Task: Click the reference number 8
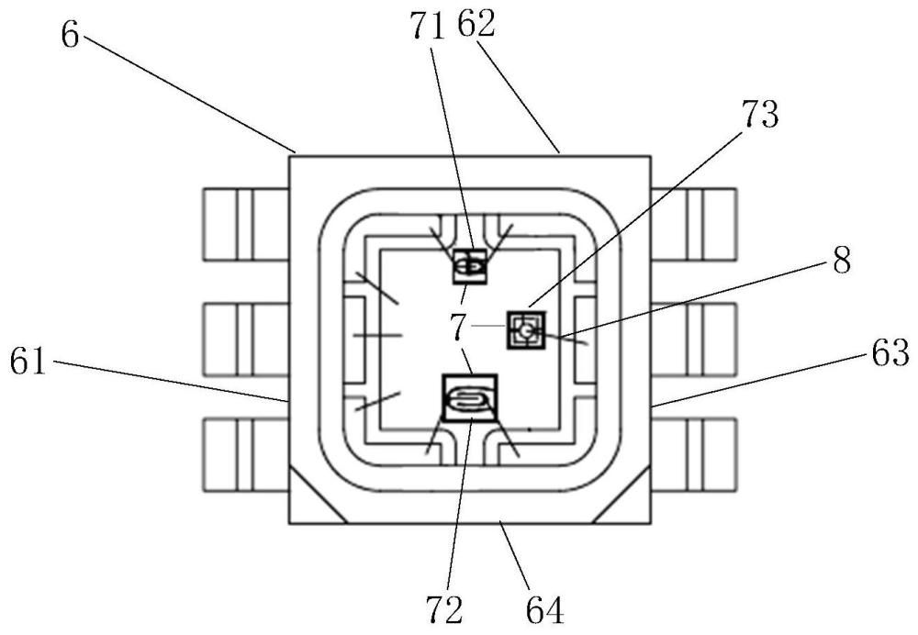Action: point(841,260)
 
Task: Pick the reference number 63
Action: point(888,352)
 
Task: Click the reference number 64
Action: point(545,607)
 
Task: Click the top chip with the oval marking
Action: point(470,266)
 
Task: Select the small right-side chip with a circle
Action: point(526,329)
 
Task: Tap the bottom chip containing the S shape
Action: point(469,397)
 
